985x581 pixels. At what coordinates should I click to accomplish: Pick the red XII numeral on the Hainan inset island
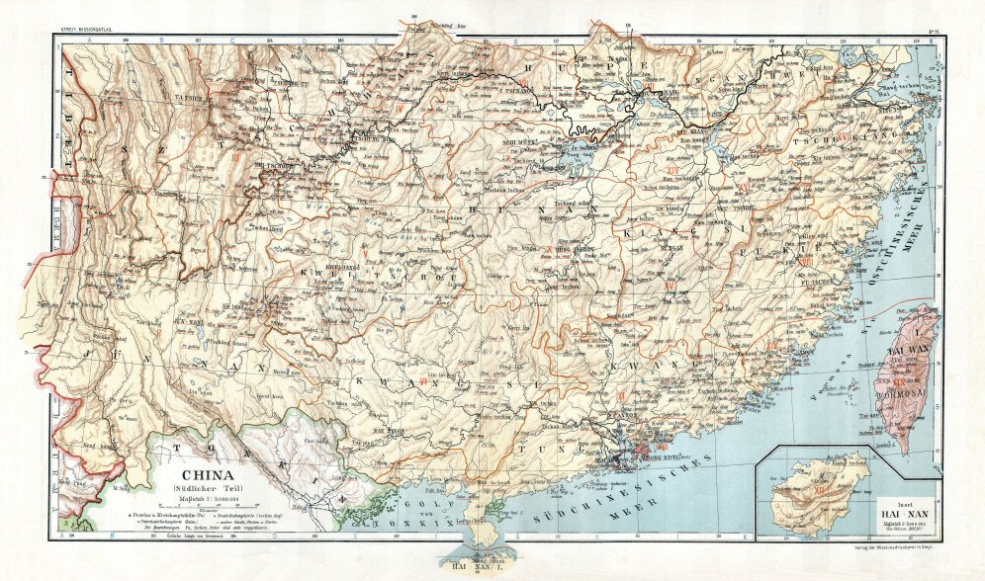pyautogui.click(x=819, y=484)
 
